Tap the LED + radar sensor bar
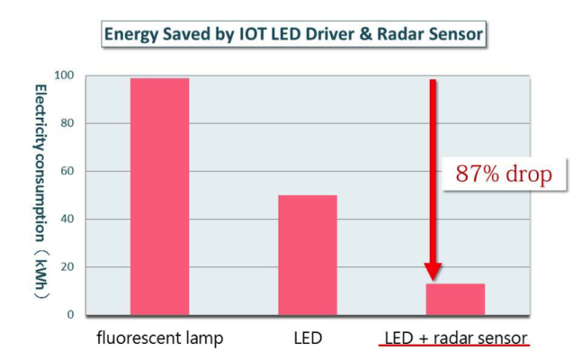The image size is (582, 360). tap(454, 300)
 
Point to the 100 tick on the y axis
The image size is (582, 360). tap(67, 76)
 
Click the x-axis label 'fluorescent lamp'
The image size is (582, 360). tap(159, 338)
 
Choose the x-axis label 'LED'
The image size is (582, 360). tap(307, 338)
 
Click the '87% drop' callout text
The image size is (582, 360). tap(504, 175)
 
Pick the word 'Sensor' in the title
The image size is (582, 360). tap(454, 36)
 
